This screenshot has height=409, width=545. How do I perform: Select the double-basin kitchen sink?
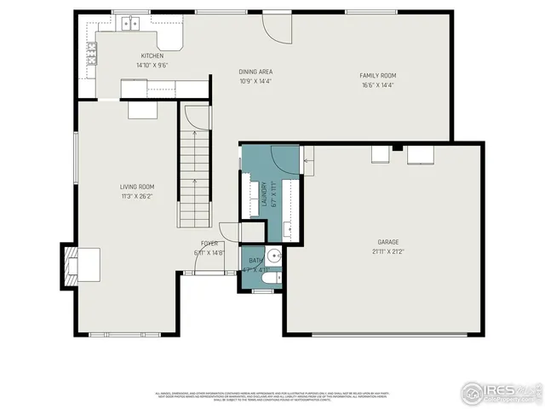(129, 23)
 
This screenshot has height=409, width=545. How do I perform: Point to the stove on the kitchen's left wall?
(90, 56)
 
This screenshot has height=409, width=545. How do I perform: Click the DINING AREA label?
(255, 72)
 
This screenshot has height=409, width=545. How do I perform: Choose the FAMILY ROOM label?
(377, 76)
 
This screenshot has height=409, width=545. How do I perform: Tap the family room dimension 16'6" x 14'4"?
(377, 85)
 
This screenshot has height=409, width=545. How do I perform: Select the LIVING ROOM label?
(136, 187)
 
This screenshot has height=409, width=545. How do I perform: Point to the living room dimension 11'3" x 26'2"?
(136, 196)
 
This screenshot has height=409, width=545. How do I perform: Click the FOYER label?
(208, 243)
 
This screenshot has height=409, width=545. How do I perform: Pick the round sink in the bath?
(272, 256)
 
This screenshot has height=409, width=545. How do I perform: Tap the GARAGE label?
(388, 242)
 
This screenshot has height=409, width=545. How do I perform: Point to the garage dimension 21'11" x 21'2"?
(388, 251)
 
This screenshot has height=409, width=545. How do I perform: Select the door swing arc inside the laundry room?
(281, 159)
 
